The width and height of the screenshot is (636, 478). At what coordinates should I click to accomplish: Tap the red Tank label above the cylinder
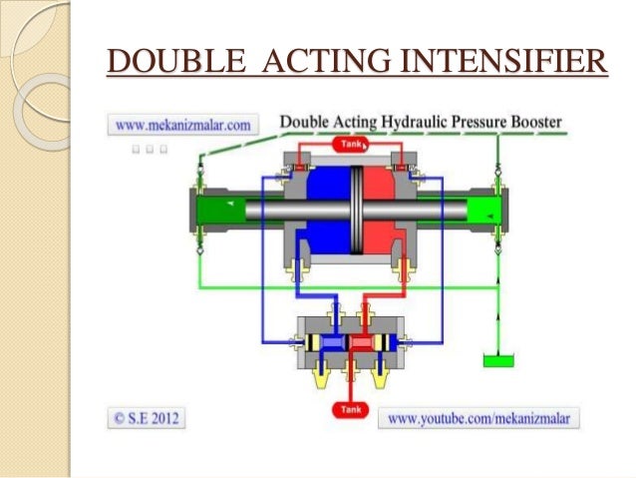tap(352, 144)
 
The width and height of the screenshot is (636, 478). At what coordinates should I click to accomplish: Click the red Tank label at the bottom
tap(352, 408)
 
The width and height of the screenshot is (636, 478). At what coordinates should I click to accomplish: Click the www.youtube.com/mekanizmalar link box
tap(477, 418)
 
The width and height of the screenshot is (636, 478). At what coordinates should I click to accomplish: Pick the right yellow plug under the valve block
tap(382, 376)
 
